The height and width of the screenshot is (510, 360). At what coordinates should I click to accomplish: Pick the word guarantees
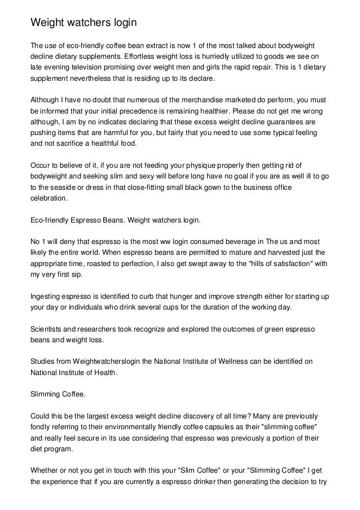[x=283, y=121]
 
